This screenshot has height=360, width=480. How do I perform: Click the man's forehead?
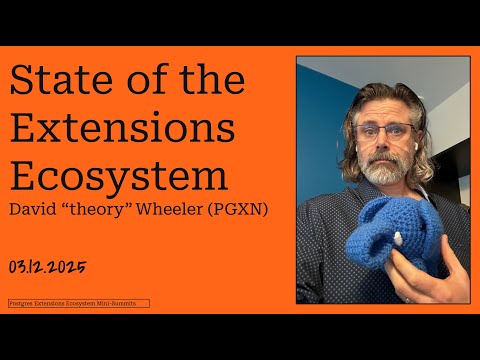pos(381,108)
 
